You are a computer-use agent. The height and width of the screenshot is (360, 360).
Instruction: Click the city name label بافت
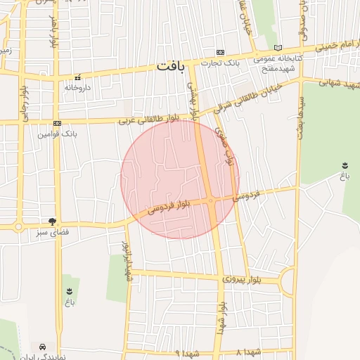click(x=173, y=67)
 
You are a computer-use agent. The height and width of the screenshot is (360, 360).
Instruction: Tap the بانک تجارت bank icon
click(x=221, y=52)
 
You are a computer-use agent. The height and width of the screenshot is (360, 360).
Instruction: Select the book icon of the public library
click(x=278, y=47)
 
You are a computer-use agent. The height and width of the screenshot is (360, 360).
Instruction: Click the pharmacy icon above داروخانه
click(x=78, y=77)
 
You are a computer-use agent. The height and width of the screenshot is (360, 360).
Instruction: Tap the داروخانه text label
click(x=78, y=88)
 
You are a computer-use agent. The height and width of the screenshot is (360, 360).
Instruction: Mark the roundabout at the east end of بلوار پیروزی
click(x=288, y=283)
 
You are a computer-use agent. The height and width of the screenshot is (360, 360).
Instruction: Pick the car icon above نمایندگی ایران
click(x=44, y=347)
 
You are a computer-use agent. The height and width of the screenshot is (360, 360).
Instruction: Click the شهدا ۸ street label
click(x=249, y=352)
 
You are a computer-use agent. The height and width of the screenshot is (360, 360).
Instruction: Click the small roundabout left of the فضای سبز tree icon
click(x=17, y=226)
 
